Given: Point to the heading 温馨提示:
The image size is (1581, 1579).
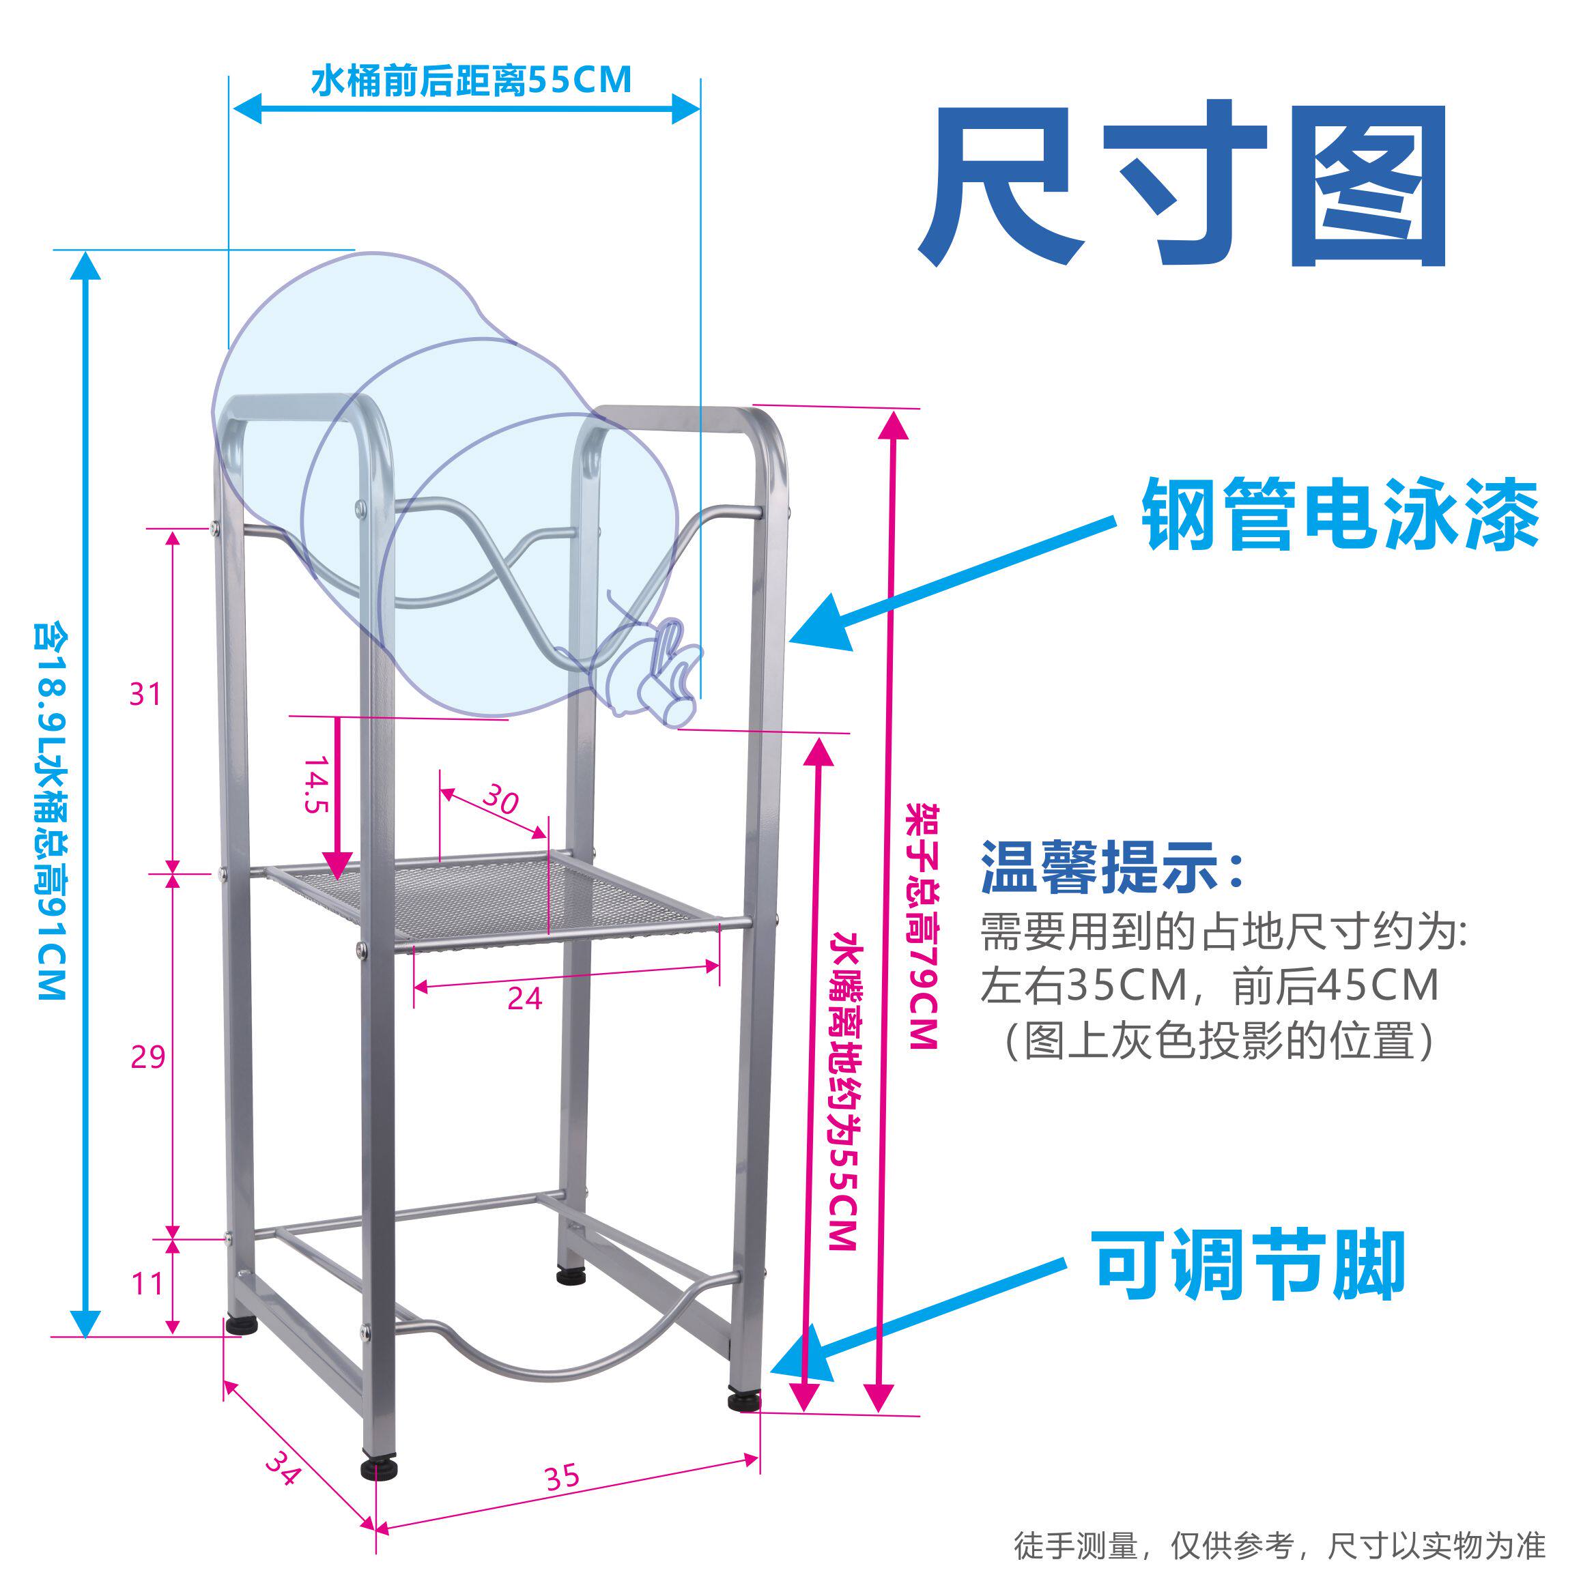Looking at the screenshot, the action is point(1113,867).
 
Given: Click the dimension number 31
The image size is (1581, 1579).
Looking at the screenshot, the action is point(145,695).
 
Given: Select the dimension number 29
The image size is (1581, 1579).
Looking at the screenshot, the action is point(148,1057).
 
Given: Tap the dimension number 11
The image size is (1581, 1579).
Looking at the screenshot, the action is point(147,1284).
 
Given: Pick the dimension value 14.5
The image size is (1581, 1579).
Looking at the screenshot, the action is point(316,785).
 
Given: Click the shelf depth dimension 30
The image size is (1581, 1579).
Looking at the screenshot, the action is point(500,798).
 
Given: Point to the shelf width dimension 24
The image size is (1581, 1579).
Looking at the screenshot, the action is point(524,999).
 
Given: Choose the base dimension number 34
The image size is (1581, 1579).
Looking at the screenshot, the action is point(283,1468).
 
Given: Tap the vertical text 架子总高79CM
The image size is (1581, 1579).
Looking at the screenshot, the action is point(922,925).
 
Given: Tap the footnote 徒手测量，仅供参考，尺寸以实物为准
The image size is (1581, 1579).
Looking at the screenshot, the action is point(1279,1546).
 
